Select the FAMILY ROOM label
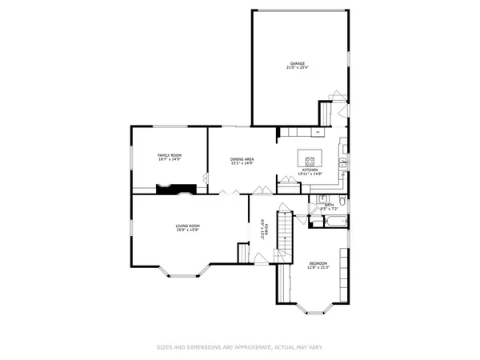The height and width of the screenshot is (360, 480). tap(169, 154)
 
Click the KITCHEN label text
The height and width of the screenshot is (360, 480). tap(310, 170)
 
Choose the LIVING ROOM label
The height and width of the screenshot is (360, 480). tap(188, 226)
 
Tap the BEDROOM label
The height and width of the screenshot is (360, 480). tap(318, 263)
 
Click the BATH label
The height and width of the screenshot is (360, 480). tap(330, 206)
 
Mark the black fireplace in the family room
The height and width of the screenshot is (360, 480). tap(175, 189)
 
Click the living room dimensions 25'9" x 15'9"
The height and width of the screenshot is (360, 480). tap(188, 230)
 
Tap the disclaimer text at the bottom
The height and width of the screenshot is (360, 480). tap(240, 347)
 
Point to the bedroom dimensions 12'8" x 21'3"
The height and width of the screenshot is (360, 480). tap(318, 268)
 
